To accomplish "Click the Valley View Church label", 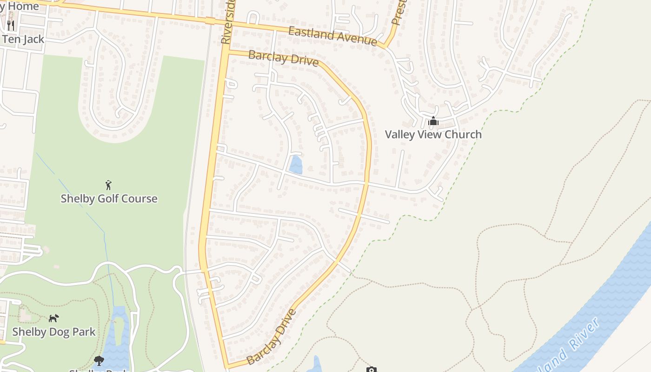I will click(433, 134).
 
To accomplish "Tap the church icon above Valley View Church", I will click(433, 122).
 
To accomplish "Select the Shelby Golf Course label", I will click(109, 199).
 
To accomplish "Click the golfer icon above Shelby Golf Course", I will click(109, 185).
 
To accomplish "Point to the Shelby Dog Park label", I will click(54, 332).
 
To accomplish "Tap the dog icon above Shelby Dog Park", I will click(54, 318).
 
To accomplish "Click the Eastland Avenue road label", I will click(332, 36).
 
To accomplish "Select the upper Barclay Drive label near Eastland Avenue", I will click(283, 58).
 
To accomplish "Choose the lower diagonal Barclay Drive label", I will click(272, 337).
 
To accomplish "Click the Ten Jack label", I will click(23, 39).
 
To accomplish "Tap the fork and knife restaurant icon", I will click(11, 25).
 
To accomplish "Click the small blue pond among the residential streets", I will click(295, 165).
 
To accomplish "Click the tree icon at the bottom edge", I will click(99, 360).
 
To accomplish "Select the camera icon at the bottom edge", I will click(371, 370).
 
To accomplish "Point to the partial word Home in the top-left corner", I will click(21, 7).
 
